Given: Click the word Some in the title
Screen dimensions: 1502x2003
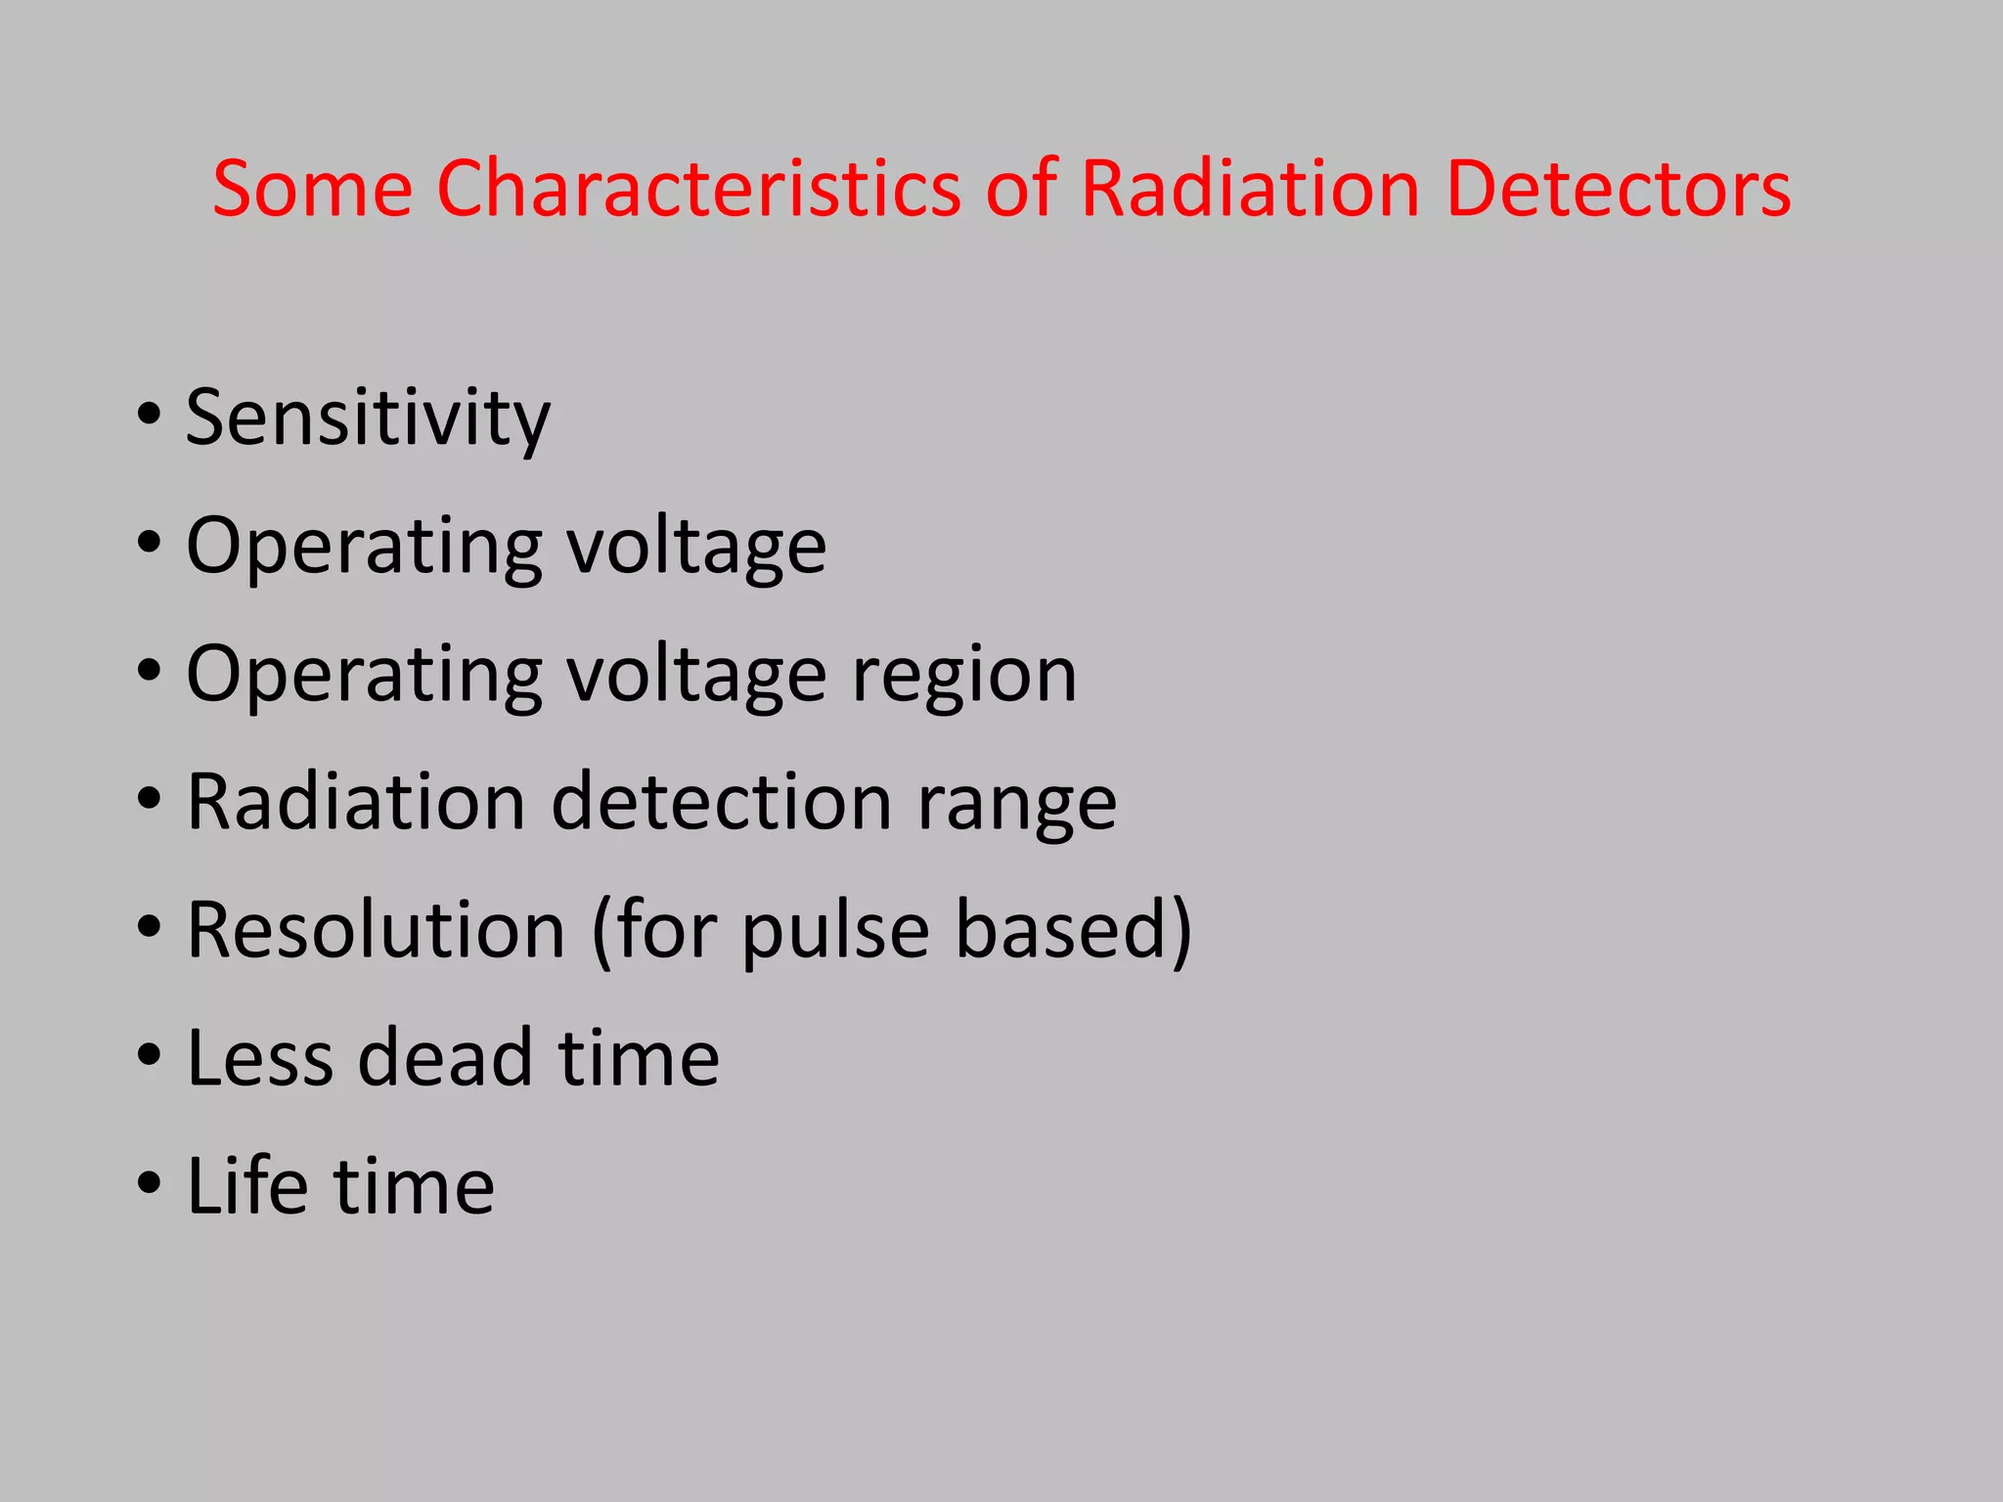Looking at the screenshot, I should (312, 188).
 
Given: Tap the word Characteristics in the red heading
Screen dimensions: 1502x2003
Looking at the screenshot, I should (698, 188).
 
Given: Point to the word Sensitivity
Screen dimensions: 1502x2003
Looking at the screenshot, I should (368, 419).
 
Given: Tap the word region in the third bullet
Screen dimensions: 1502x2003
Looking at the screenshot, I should (963, 675).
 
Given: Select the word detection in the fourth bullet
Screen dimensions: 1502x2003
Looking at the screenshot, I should (722, 803).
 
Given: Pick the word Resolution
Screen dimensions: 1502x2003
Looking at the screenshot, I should (377, 930).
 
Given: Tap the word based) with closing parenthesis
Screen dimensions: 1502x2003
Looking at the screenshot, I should (1073, 930).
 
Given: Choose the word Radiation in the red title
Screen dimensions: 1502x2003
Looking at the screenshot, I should (1250, 188).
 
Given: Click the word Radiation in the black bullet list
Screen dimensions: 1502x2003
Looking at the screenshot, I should (356, 803).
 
